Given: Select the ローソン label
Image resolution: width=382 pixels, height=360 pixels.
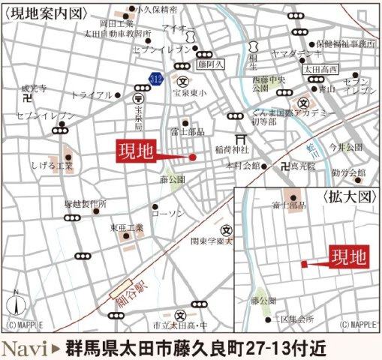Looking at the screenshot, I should point(167,214).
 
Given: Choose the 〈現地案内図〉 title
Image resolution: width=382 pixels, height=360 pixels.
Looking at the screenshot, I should point(44,13).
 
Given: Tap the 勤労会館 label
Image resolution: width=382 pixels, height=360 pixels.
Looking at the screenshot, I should point(347,173).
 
